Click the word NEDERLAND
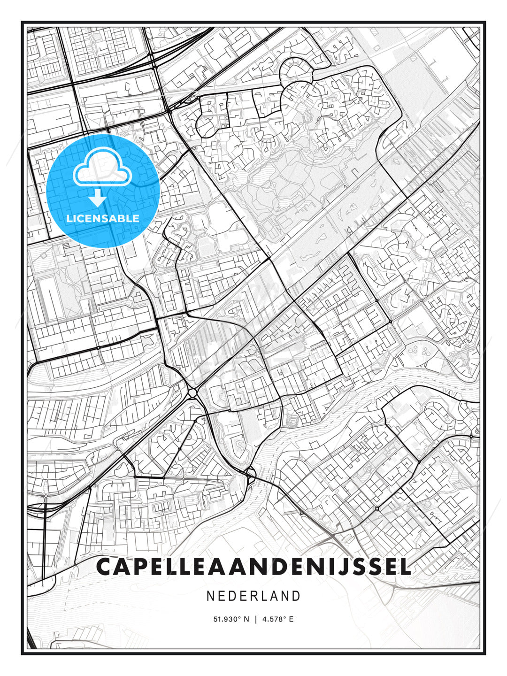[253, 596]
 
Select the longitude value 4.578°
[275, 619]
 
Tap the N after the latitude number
[247, 619]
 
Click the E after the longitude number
[291, 619]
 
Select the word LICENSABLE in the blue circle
[103, 218]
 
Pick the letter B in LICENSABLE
[123, 218]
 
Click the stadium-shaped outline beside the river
[294, 422]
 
